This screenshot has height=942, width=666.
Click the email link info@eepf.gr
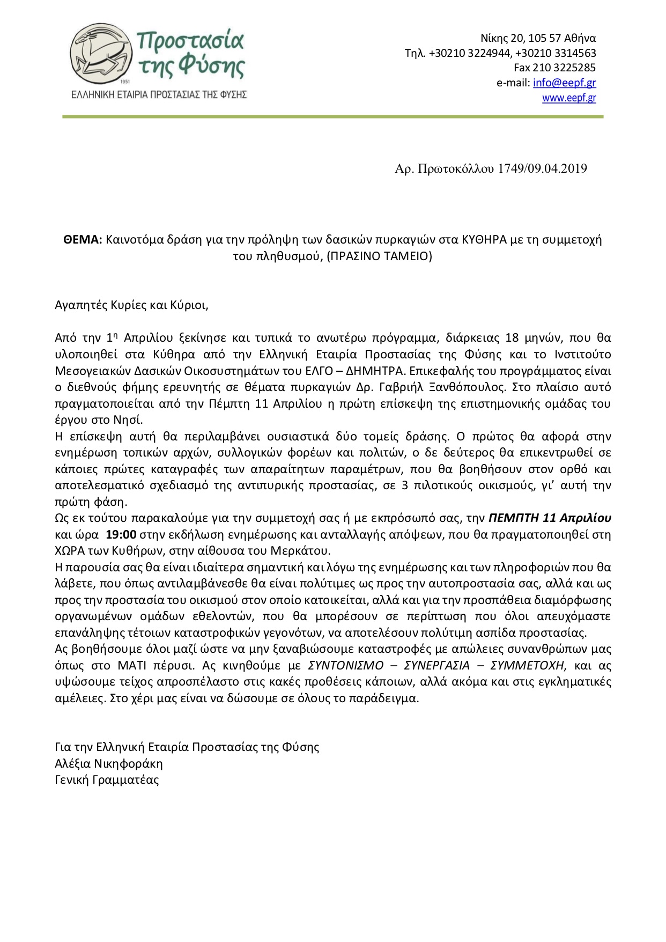coord(564,83)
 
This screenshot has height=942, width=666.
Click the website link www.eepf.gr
coord(569,98)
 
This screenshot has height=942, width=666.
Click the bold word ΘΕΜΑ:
coord(83,240)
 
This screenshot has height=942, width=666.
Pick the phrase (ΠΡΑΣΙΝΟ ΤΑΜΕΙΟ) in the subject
coord(379,256)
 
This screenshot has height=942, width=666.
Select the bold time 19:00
coord(121,534)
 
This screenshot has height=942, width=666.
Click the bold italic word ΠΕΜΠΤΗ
coord(514,518)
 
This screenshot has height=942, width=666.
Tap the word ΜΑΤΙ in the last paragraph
coord(131,666)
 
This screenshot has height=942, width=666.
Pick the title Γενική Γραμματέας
coord(107,779)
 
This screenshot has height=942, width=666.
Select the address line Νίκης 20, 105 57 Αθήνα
coord(538,38)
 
